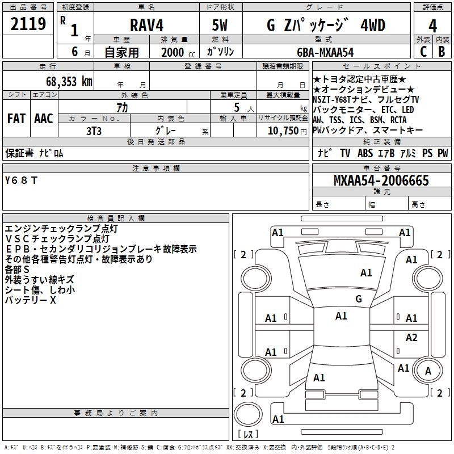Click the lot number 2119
28,24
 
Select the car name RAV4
145,26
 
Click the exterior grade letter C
423,52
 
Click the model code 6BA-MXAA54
325,52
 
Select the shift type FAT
16,119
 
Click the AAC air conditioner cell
43,119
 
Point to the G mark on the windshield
358,299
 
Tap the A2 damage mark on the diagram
411,338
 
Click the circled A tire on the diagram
428,371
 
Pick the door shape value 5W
220,26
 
